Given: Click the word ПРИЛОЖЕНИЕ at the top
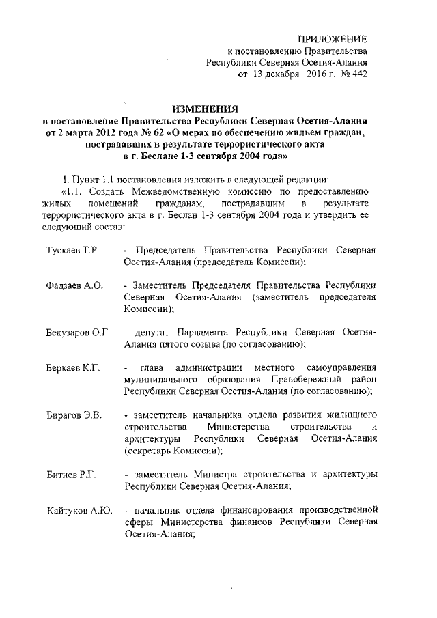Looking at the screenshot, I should (334, 38).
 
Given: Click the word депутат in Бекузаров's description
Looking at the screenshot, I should (150, 333).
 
